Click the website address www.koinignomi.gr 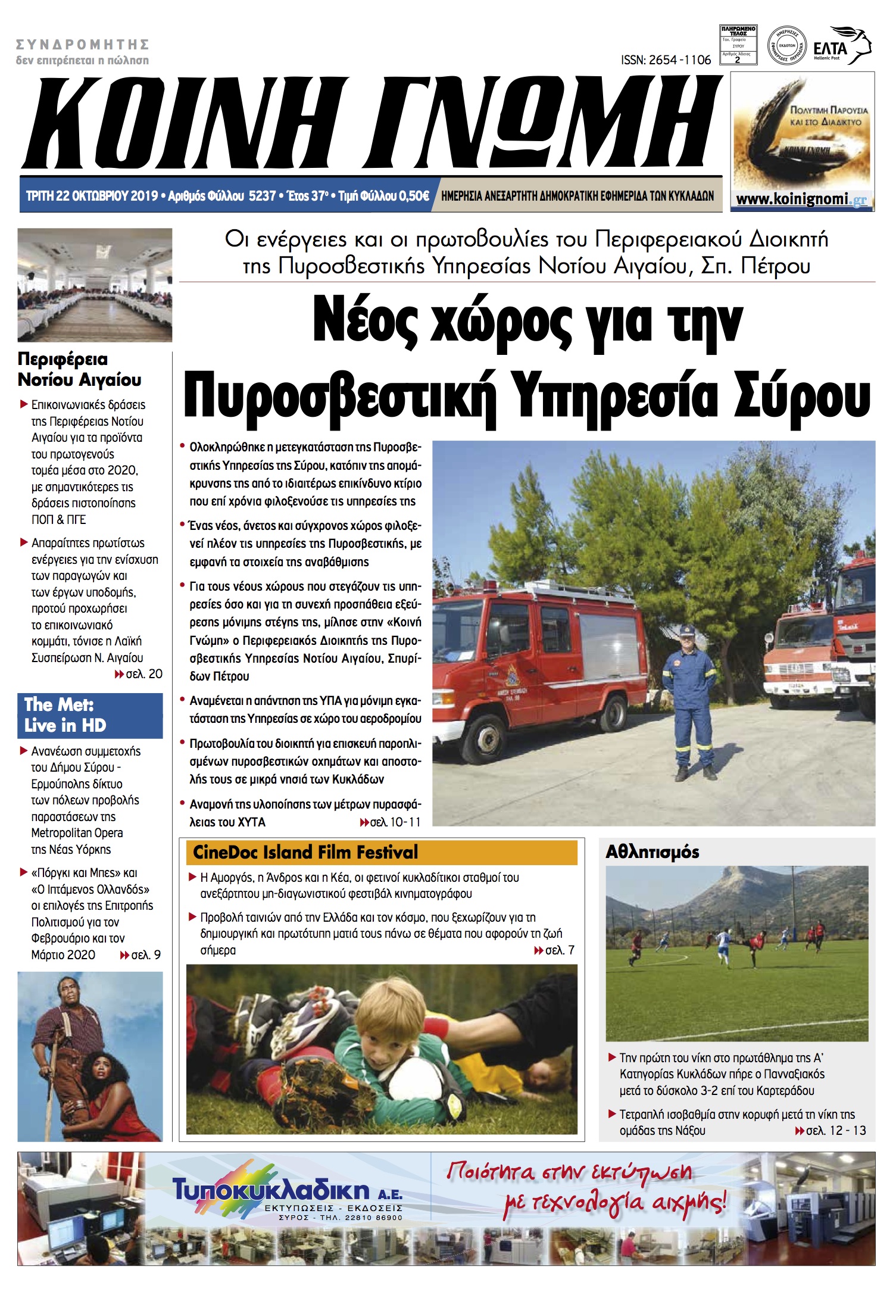pyautogui.click(x=801, y=199)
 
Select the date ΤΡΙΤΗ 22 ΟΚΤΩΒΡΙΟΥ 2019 pyautogui.click(x=92, y=196)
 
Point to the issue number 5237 pyautogui.click(x=263, y=196)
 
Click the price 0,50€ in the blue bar pyautogui.click(x=414, y=196)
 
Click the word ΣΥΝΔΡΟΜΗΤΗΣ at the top pyautogui.click(x=82, y=45)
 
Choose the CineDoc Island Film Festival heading pyautogui.click(x=305, y=852)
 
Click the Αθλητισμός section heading pyautogui.click(x=652, y=852)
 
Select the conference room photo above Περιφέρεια pyautogui.click(x=95, y=285)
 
